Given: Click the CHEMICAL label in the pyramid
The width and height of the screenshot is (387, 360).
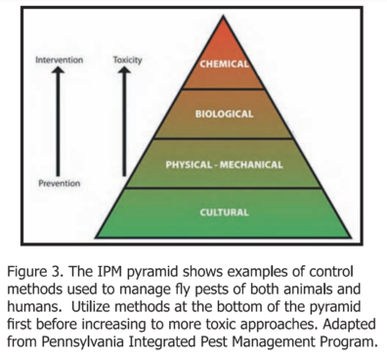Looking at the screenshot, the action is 224,64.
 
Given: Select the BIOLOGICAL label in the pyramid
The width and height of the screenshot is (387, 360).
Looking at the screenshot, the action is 224,113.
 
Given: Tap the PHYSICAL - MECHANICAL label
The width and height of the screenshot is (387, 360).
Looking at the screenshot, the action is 224,164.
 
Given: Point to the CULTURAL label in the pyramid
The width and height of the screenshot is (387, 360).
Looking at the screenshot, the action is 224,212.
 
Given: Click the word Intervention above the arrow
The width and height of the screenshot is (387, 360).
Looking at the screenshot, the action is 59,60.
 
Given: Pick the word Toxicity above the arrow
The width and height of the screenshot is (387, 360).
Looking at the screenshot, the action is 127,61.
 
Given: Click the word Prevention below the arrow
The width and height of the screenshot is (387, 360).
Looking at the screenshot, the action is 60,183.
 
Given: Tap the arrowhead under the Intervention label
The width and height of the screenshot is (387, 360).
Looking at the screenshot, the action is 58,69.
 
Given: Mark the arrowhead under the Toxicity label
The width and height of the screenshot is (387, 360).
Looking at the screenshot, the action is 124,69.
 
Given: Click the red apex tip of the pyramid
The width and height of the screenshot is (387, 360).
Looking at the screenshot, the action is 223,16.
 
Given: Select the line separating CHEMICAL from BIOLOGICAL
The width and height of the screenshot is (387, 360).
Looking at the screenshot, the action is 223,89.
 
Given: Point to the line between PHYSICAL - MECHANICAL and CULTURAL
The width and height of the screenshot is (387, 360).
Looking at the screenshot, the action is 224,188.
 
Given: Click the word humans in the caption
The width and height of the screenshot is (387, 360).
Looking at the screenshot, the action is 33,307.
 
